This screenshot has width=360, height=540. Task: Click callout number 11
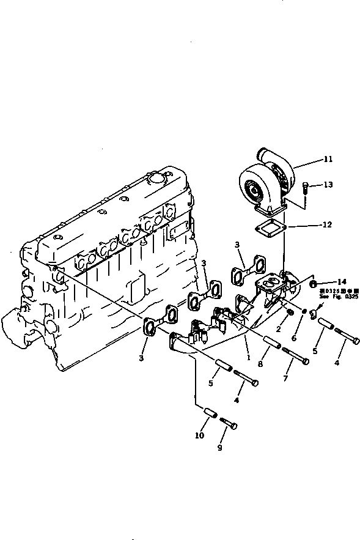(328, 160)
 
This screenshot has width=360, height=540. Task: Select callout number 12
(327, 224)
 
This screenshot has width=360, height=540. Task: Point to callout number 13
(328, 185)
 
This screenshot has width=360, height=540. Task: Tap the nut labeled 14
(314, 284)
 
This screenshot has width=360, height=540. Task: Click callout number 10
(199, 435)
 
